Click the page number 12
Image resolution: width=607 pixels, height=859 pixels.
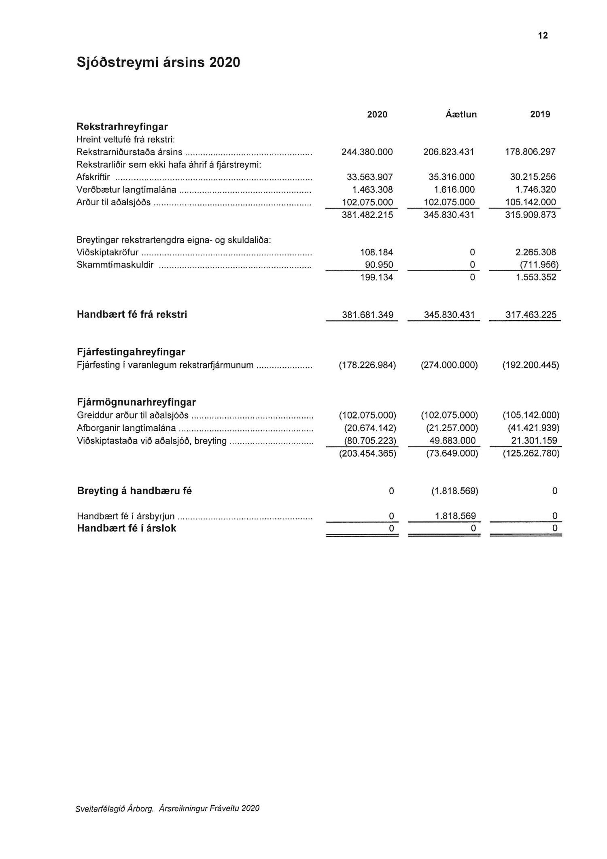point(543,36)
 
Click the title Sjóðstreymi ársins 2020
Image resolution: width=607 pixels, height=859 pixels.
point(158,62)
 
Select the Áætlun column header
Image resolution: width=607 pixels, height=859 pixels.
point(461,115)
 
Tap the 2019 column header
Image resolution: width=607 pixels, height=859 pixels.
point(540,115)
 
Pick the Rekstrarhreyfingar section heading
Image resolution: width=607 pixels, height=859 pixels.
point(122,127)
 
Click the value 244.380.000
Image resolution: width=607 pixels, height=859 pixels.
point(367,152)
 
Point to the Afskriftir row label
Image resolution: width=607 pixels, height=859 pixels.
point(93,177)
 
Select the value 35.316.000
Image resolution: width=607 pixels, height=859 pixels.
point(451,177)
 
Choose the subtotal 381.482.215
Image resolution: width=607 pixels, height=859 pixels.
point(367,215)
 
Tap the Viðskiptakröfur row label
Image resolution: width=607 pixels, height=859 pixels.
point(108,253)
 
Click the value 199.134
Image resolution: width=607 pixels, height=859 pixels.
point(376,277)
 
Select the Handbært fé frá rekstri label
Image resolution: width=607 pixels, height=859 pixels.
point(132,315)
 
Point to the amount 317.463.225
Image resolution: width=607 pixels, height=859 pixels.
point(531,315)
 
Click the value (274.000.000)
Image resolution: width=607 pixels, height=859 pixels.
point(449,365)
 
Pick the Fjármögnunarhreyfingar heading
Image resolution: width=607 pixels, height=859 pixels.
point(136,402)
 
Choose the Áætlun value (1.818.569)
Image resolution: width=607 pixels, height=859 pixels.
point(454,491)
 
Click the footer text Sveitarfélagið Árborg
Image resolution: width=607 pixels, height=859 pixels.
point(115,809)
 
